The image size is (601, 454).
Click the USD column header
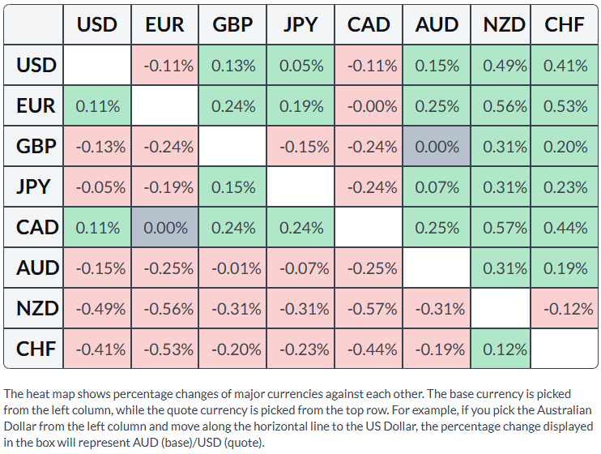click(x=97, y=24)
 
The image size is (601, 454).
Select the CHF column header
click(x=565, y=24)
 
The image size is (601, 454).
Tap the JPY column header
click(x=300, y=24)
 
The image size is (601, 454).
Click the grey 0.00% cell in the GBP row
click(x=437, y=146)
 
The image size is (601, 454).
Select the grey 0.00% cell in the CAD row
click(x=164, y=227)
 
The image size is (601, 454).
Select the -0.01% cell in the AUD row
click(x=232, y=268)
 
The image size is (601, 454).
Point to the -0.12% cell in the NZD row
click(x=565, y=308)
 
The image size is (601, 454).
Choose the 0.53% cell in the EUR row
click(x=565, y=105)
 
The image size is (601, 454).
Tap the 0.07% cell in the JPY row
click(x=437, y=186)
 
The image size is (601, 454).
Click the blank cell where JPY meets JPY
click(x=300, y=186)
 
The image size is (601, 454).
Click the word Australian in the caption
click(x=565, y=410)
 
